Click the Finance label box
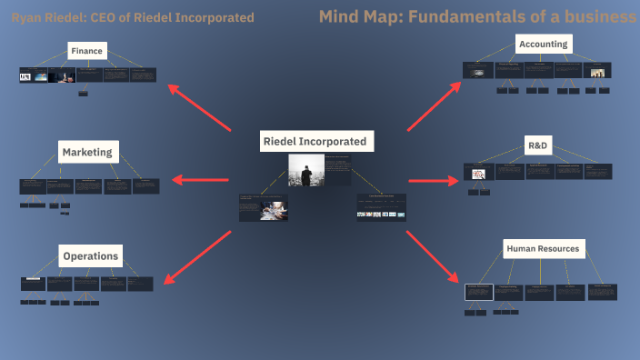point(87,51)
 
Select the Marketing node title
point(87,152)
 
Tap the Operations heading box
point(90,256)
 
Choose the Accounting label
point(543,44)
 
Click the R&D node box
point(538,145)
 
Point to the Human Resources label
point(543,248)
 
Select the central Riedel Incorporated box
point(314,142)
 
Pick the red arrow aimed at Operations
point(197,254)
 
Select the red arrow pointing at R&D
point(432,180)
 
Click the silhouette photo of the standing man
point(305,170)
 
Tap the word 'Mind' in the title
point(340,17)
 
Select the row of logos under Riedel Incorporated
point(381,214)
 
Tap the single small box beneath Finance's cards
point(85,93)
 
